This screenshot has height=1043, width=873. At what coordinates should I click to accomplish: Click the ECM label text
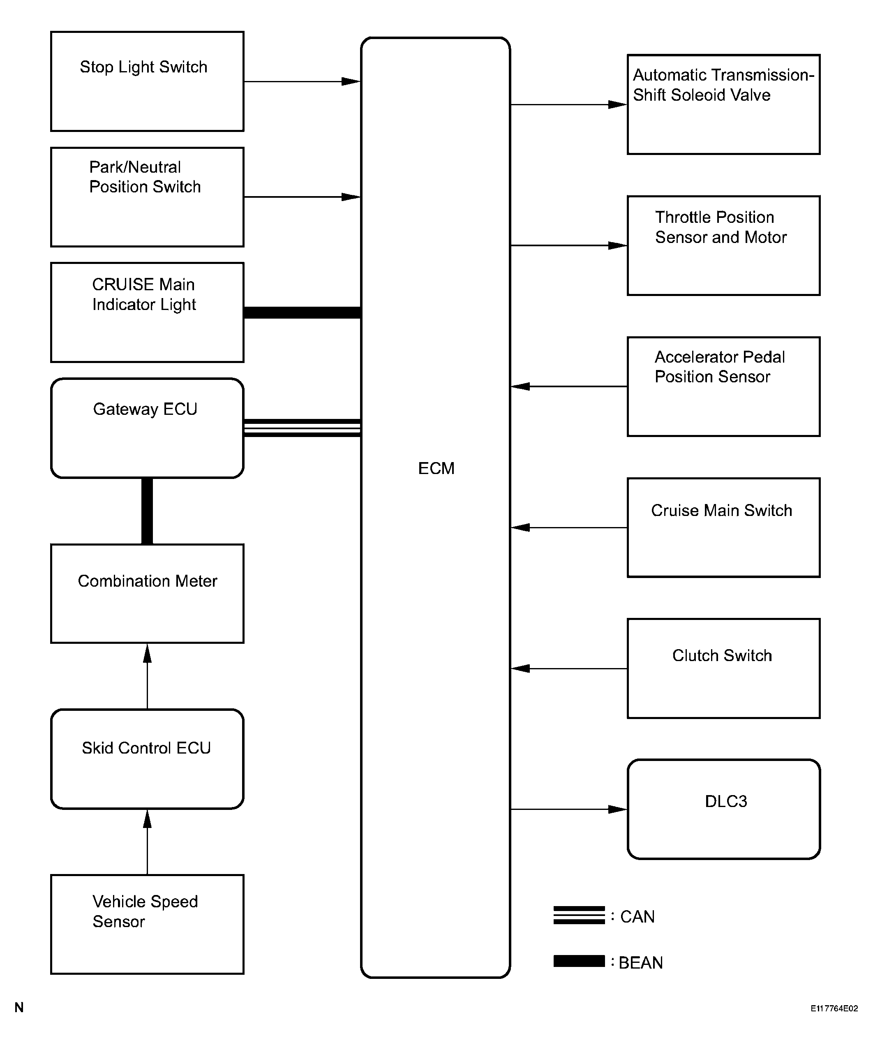pos(436,468)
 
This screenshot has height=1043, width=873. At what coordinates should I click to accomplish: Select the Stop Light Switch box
pos(147,81)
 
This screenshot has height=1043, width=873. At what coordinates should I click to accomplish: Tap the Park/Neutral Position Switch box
pos(147,197)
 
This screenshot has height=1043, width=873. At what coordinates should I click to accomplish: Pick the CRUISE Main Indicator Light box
pos(147,312)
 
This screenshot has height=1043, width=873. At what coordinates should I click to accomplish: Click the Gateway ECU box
pos(147,428)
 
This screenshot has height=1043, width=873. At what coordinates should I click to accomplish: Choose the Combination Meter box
pos(147,594)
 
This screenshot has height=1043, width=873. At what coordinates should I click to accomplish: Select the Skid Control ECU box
pos(147,759)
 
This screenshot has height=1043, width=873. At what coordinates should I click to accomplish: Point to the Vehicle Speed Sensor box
pos(147,924)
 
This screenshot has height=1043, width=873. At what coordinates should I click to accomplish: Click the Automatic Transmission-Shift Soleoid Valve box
pos(723,104)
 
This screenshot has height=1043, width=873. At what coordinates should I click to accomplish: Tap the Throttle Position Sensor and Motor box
pos(723,245)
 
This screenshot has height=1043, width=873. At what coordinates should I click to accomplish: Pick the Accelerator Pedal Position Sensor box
pos(723,386)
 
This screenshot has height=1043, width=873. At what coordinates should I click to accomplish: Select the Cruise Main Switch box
pos(723,527)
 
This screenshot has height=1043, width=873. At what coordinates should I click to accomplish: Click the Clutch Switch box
pos(723,668)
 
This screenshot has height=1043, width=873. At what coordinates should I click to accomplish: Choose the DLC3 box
pos(723,809)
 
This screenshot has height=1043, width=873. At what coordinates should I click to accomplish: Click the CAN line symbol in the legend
pos(579,916)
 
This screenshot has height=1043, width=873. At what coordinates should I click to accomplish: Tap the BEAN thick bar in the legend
pos(579,961)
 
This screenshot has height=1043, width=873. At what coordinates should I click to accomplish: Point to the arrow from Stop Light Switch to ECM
pos(302,81)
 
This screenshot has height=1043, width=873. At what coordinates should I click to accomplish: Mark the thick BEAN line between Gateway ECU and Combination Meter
pos(147,511)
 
